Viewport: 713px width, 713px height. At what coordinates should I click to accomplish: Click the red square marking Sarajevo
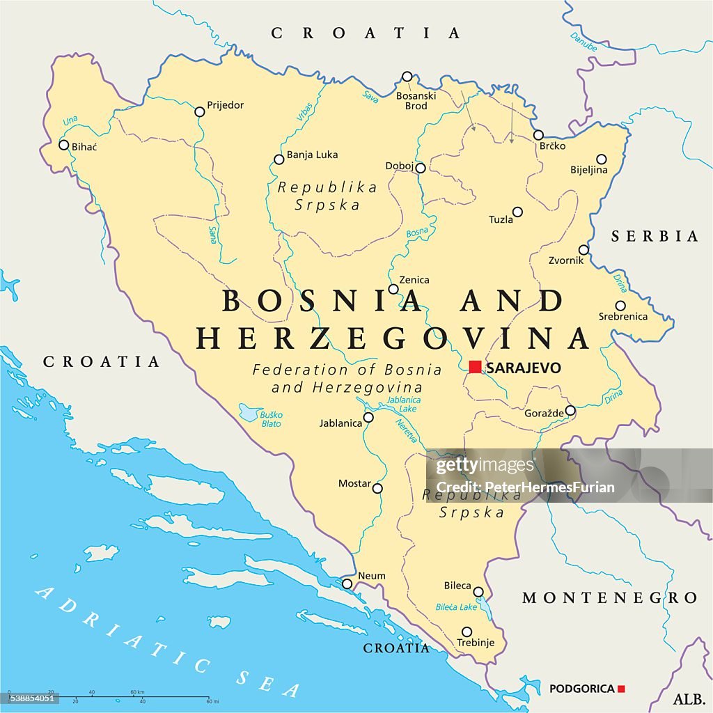click(x=475, y=367)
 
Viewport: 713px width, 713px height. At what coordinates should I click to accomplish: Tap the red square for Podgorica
click(x=621, y=689)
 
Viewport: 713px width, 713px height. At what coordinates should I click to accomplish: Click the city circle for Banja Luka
click(x=279, y=159)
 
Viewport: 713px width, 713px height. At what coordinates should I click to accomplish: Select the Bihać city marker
click(x=63, y=145)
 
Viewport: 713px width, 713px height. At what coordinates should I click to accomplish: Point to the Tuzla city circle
click(x=517, y=212)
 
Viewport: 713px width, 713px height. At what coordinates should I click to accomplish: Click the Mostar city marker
click(x=377, y=488)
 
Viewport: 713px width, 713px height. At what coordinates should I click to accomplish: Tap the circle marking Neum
click(x=347, y=583)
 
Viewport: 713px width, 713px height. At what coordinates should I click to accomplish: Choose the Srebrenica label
click(x=622, y=317)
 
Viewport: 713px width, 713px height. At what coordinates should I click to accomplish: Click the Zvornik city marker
click(x=583, y=250)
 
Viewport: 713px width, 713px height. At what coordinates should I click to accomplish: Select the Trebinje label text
click(x=475, y=643)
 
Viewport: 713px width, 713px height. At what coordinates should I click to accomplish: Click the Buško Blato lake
click(x=248, y=413)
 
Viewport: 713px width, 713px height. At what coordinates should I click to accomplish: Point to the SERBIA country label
click(x=655, y=237)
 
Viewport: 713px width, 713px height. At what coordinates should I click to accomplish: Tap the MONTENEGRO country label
click(x=609, y=598)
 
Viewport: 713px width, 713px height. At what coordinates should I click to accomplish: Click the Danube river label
click(x=583, y=41)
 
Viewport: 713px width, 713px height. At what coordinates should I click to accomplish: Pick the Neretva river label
click(x=407, y=431)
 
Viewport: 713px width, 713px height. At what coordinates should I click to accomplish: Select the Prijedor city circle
click(x=200, y=111)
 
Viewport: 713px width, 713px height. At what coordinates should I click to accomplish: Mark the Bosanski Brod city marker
click(x=407, y=77)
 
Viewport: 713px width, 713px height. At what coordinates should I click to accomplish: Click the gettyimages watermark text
click(x=485, y=466)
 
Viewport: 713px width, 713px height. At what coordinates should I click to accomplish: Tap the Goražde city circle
click(x=570, y=410)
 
